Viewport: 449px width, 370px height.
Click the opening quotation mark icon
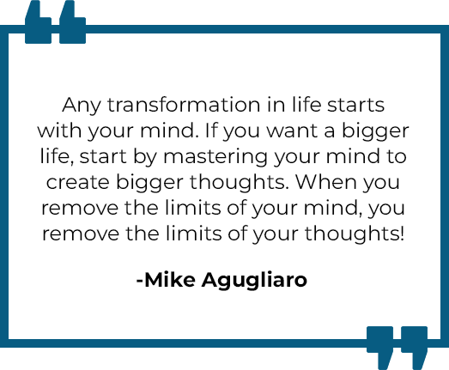point(55,22)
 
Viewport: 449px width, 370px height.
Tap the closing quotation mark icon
point(397,348)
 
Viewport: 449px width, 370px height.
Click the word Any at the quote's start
point(82,106)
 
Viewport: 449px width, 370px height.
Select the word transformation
point(184,105)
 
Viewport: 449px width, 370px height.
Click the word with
point(60,130)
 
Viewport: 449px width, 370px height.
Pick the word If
point(212,130)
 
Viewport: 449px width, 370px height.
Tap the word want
point(292,131)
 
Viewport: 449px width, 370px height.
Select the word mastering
point(215,157)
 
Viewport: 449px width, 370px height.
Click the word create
point(77,183)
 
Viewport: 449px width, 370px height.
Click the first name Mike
point(170,279)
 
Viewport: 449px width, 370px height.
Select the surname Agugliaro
point(254,281)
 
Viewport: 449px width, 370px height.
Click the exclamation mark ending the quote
point(402,234)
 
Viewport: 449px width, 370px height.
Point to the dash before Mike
point(140,280)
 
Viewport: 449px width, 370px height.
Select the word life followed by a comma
point(57,156)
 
